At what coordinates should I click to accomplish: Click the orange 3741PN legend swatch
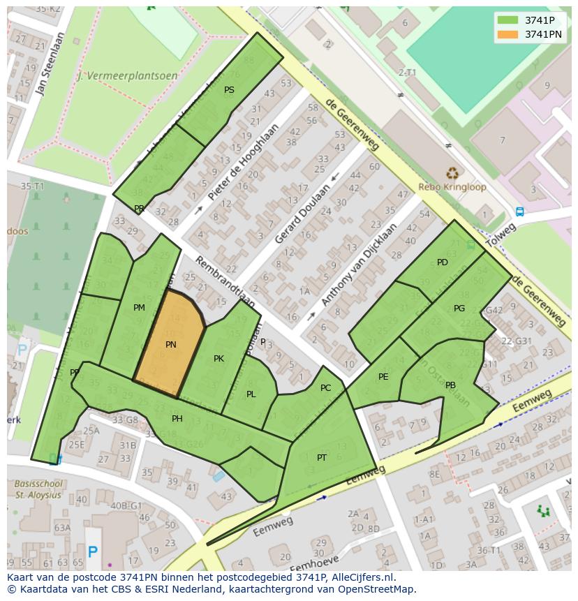coord(508,34)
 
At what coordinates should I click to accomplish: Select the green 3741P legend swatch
coord(508,20)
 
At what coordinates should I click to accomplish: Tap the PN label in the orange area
coord(171,345)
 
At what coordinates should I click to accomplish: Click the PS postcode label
coord(229,90)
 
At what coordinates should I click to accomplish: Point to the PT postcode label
coord(322,458)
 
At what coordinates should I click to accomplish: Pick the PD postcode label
coord(443,262)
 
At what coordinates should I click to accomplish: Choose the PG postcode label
coord(459,308)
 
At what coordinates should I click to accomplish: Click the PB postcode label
coord(450,385)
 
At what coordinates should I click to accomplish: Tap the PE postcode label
coord(383,377)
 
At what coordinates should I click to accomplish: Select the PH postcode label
coord(177,419)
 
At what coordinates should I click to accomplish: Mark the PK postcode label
coord(218,359)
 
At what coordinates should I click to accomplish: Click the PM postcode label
coord(139,308)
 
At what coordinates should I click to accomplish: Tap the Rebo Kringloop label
coord(452,187)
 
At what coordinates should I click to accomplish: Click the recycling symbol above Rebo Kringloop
coord(453,172)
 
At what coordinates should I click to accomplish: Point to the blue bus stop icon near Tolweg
coord(519,212)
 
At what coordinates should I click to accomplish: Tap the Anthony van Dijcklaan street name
coord(359,265)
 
